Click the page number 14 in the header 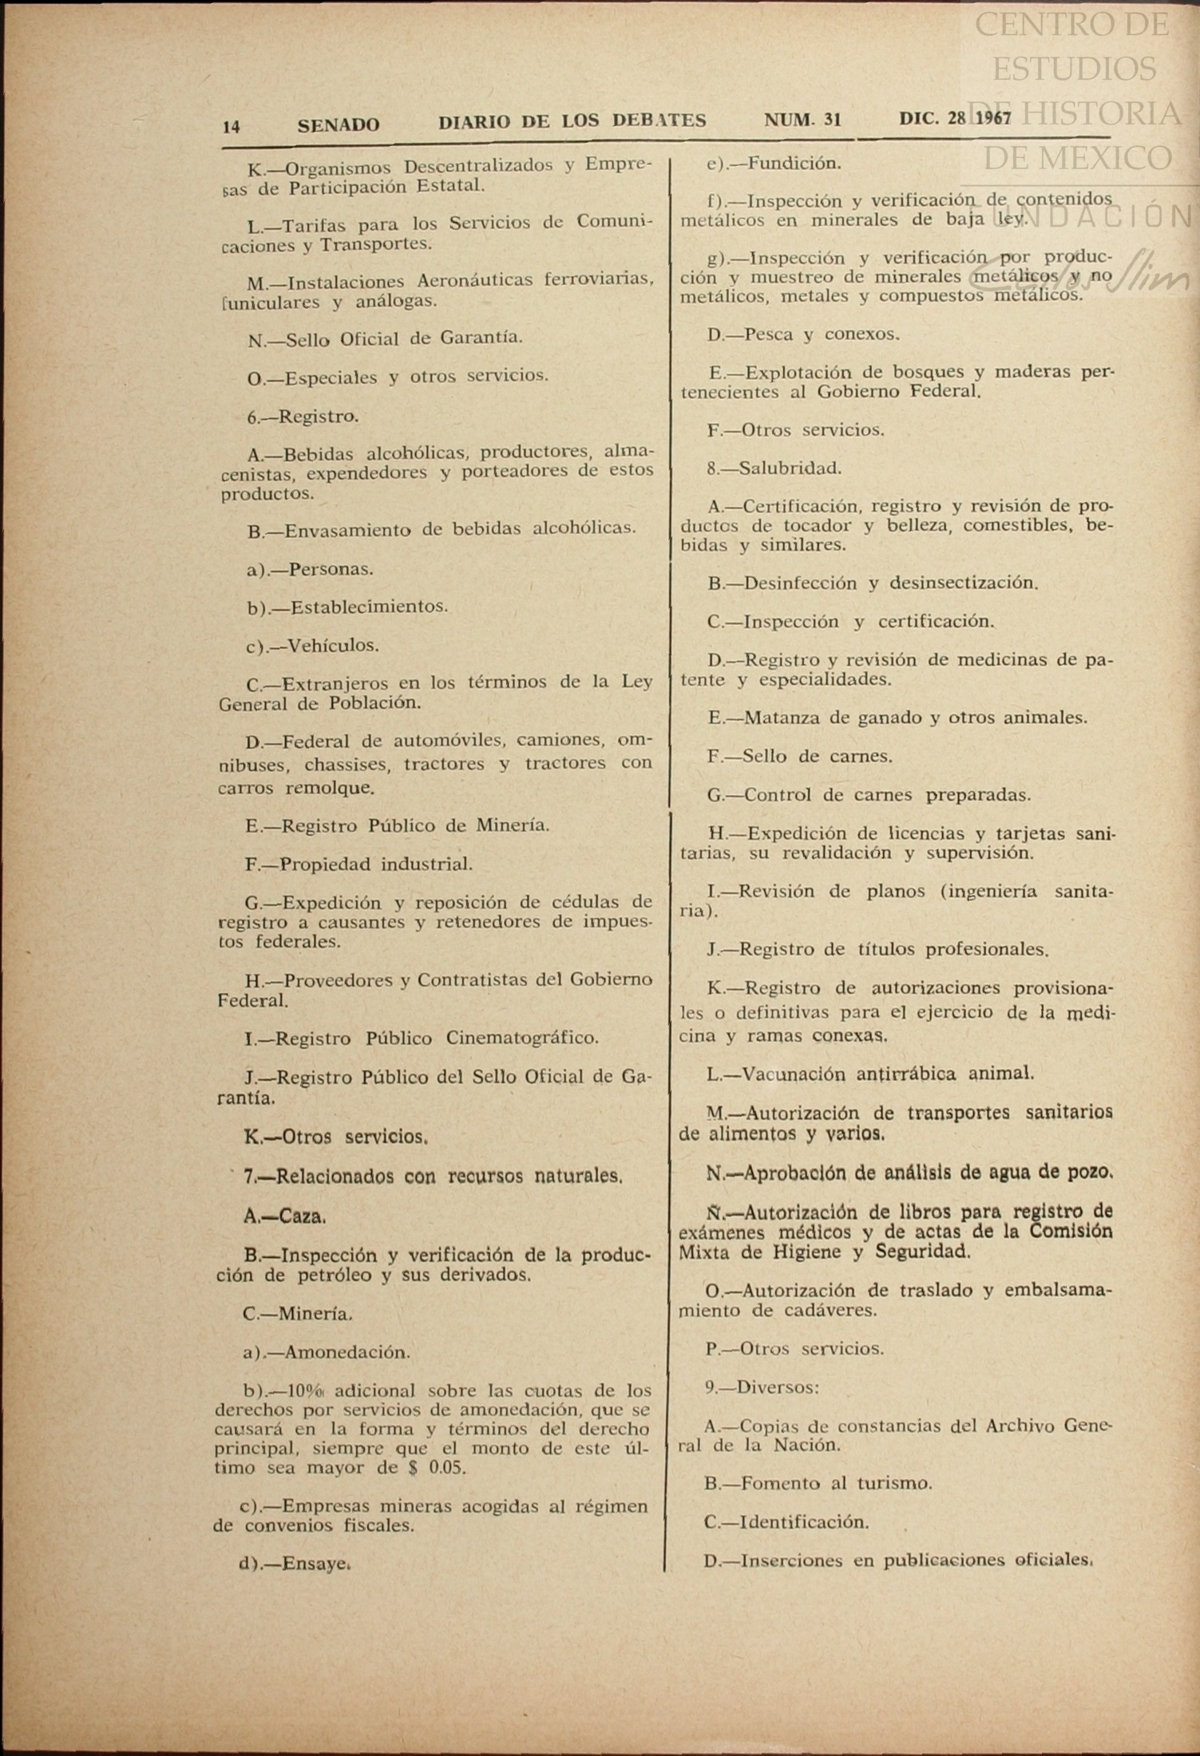[x=232, y=126]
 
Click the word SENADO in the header [x=339, y=125]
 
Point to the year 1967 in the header [x=993, y=118]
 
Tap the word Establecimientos [x=368, y=607]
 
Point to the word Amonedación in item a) [x=347, y=1352]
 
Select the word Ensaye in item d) [x=317, y=1564]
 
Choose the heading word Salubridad [x=790, y=468]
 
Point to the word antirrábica [x=905, y=1074]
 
